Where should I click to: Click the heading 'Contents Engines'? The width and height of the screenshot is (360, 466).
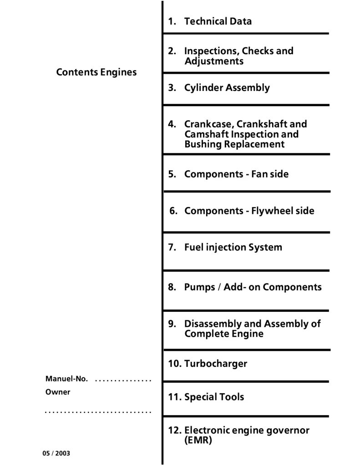96,72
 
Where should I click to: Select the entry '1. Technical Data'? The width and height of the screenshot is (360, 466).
210,21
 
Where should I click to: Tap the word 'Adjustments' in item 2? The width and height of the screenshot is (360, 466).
214,61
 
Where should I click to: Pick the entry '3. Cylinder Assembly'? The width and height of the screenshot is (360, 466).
219,87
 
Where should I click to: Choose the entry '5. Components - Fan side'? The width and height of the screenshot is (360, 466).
228,174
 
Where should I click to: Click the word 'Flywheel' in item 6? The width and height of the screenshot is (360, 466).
271,211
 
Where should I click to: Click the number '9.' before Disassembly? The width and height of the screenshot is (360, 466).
172,324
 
